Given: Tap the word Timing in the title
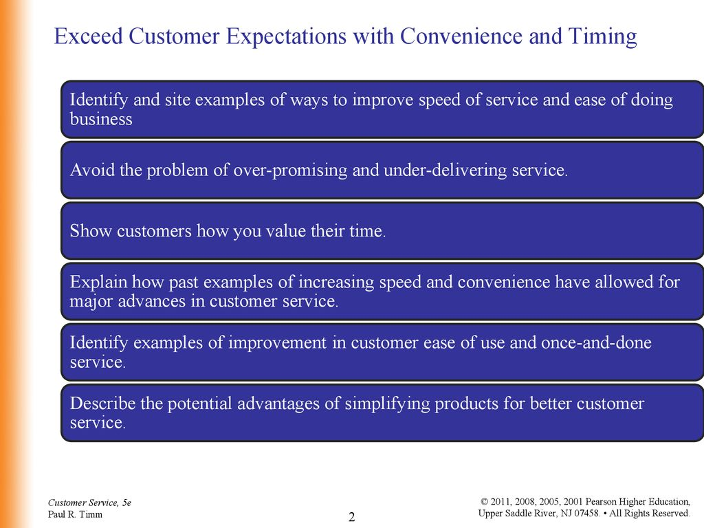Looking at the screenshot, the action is (602, 37).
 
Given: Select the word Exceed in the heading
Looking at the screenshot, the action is (88, 36).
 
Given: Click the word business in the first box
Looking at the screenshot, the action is (101, 119).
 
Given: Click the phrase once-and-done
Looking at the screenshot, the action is (596, 342).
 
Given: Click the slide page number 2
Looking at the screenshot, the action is (351, 517).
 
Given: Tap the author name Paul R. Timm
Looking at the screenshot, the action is (75, 514).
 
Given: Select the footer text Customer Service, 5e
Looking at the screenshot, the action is (89, 503).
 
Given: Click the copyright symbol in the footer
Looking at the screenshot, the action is (485, 501).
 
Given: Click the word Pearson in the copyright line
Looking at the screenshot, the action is (600, 501).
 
